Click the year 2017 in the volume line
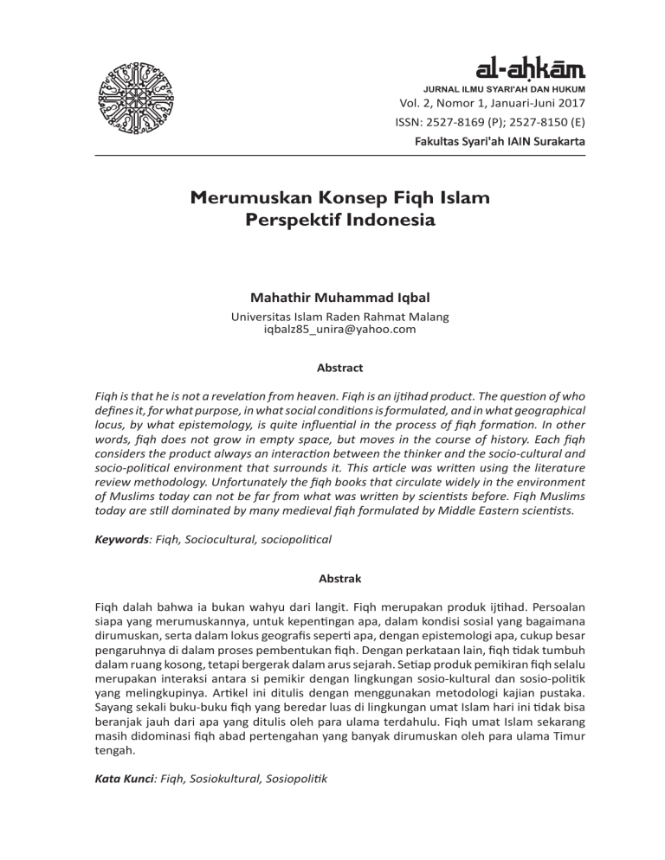[x=568, y=105]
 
